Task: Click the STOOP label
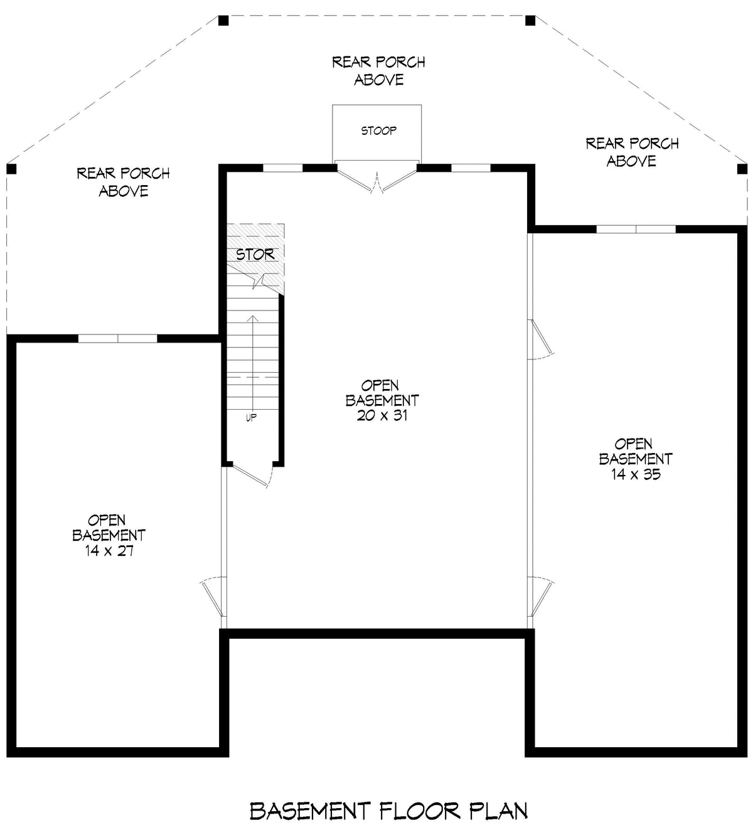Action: (x=378, y=130)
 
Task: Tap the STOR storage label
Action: (x=255, y=254)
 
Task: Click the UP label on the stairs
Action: (x=251, y=418)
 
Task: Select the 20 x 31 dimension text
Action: (x=382, y=415)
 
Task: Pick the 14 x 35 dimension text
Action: (x=636, y=474)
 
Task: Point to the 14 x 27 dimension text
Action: (x=109, y=551)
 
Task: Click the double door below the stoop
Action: (x=376, y=179)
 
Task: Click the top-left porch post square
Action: (x=223, y=21)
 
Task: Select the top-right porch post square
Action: (x=530, y=21)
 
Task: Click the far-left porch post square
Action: (x=11, y=169)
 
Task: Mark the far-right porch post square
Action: (x=742, y=169)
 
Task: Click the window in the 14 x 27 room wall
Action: (x=117, y=339)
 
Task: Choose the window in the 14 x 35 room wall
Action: (x=636, y=229)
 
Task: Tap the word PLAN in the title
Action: (x=499, y=811)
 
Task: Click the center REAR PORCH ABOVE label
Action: (x=378, y=70)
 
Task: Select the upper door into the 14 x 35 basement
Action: (x=540, y=339)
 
